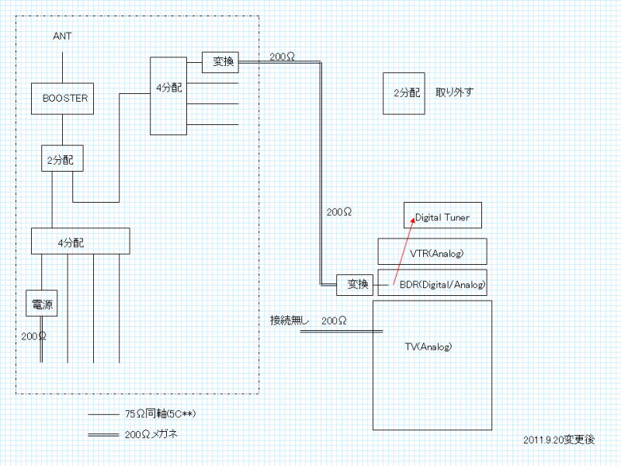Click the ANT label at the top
click(x=63, y=37)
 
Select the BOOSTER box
click(x=63, y=99)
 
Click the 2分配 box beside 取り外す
click(x=405, y=92)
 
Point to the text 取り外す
click(x=454, y=92)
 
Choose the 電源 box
click(x=42, y=305)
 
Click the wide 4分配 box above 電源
click(x=80, y=241)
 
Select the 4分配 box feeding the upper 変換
click(x=168, y=94)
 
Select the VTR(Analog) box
click(x=431, y=252)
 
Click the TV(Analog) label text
click(x=428, y=346)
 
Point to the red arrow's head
click(x=414, y=221)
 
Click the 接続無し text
click(x=288, y=320)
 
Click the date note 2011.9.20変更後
click(x=559, y=440)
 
